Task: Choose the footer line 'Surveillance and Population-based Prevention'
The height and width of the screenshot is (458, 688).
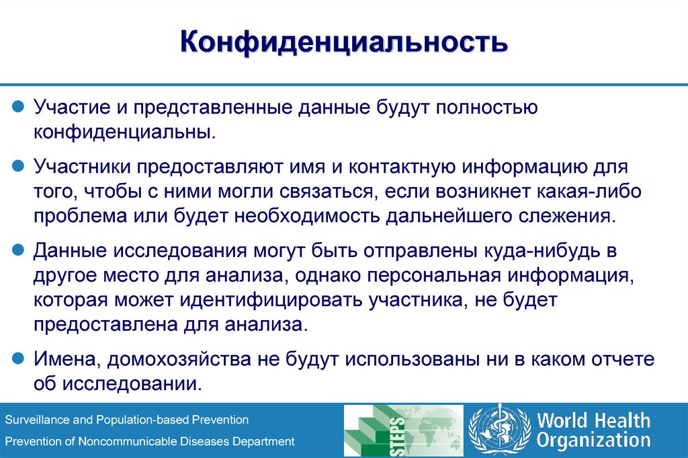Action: coord(127,420)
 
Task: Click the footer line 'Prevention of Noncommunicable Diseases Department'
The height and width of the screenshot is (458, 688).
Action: coord(150,441)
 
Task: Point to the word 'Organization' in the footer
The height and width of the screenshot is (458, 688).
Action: coord(593,441)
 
